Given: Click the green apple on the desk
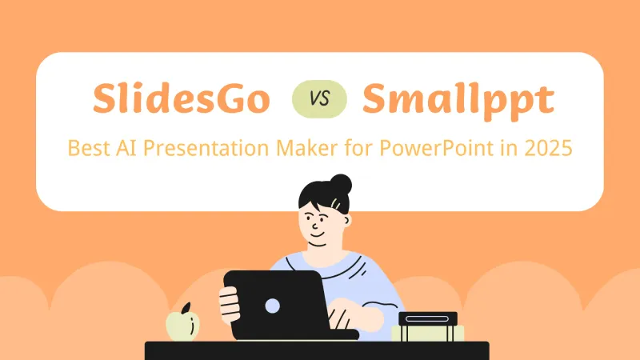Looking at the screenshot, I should tap(181, 324).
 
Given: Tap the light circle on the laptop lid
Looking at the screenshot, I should tap(272, 305).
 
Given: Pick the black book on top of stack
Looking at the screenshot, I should tap(428, 318).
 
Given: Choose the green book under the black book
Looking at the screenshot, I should tap(428, 330).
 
